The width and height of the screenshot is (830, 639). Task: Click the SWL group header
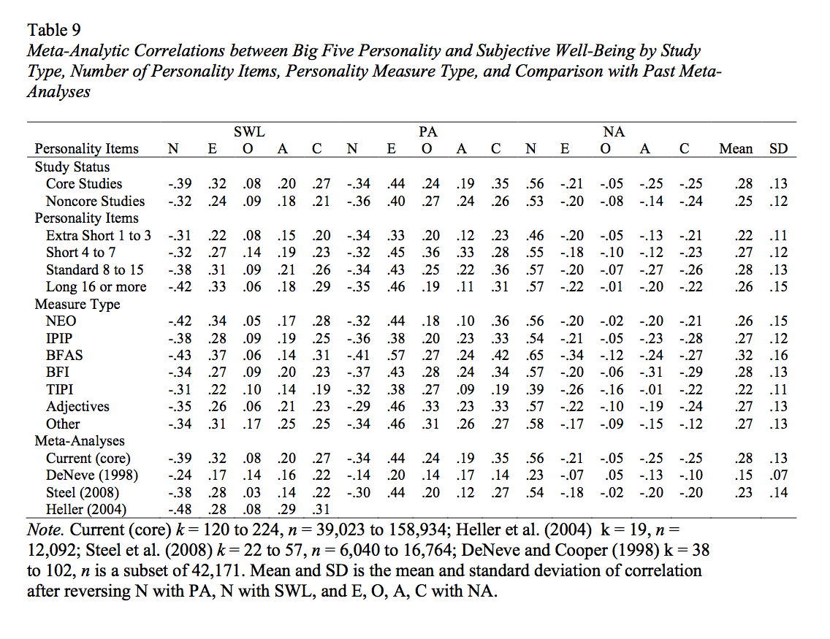248,132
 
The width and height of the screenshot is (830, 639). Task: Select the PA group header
427,132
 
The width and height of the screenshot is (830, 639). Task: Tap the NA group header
614,132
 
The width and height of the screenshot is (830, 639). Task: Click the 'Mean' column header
736,149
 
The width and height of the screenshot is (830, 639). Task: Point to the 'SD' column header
778,149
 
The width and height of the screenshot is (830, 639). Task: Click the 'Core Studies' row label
84,184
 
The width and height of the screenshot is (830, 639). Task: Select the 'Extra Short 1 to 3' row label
99,235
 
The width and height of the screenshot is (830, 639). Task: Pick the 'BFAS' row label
64,356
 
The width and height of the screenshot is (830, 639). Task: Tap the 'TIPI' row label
60,390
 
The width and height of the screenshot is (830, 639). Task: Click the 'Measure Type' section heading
77,304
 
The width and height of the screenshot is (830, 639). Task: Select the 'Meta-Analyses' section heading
80,441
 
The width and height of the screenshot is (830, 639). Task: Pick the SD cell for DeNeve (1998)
779,475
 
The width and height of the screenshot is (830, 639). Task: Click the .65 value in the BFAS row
535,356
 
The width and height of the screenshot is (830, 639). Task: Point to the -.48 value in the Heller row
175,510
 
